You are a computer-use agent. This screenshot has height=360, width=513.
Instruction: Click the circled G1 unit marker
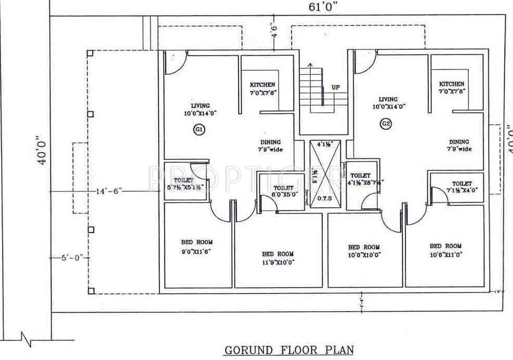coord(199,130)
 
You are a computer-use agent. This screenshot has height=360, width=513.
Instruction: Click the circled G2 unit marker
coord(386,124)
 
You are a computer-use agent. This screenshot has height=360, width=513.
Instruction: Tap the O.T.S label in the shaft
coord(323,198)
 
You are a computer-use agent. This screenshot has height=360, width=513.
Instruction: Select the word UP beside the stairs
coord(336,87)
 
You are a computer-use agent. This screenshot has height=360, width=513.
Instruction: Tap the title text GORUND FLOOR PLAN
coord(289,350)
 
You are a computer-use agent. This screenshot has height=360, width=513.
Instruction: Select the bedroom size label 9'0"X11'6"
coord(197,250)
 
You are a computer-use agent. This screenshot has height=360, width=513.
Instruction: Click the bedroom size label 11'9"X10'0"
coord(278,262)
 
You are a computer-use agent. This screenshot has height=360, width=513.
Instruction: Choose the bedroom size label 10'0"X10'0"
coord(363,256)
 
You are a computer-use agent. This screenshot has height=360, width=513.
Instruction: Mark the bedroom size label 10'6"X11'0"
coord(445,255)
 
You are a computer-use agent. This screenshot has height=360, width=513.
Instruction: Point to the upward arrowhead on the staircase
coord(310,64)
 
